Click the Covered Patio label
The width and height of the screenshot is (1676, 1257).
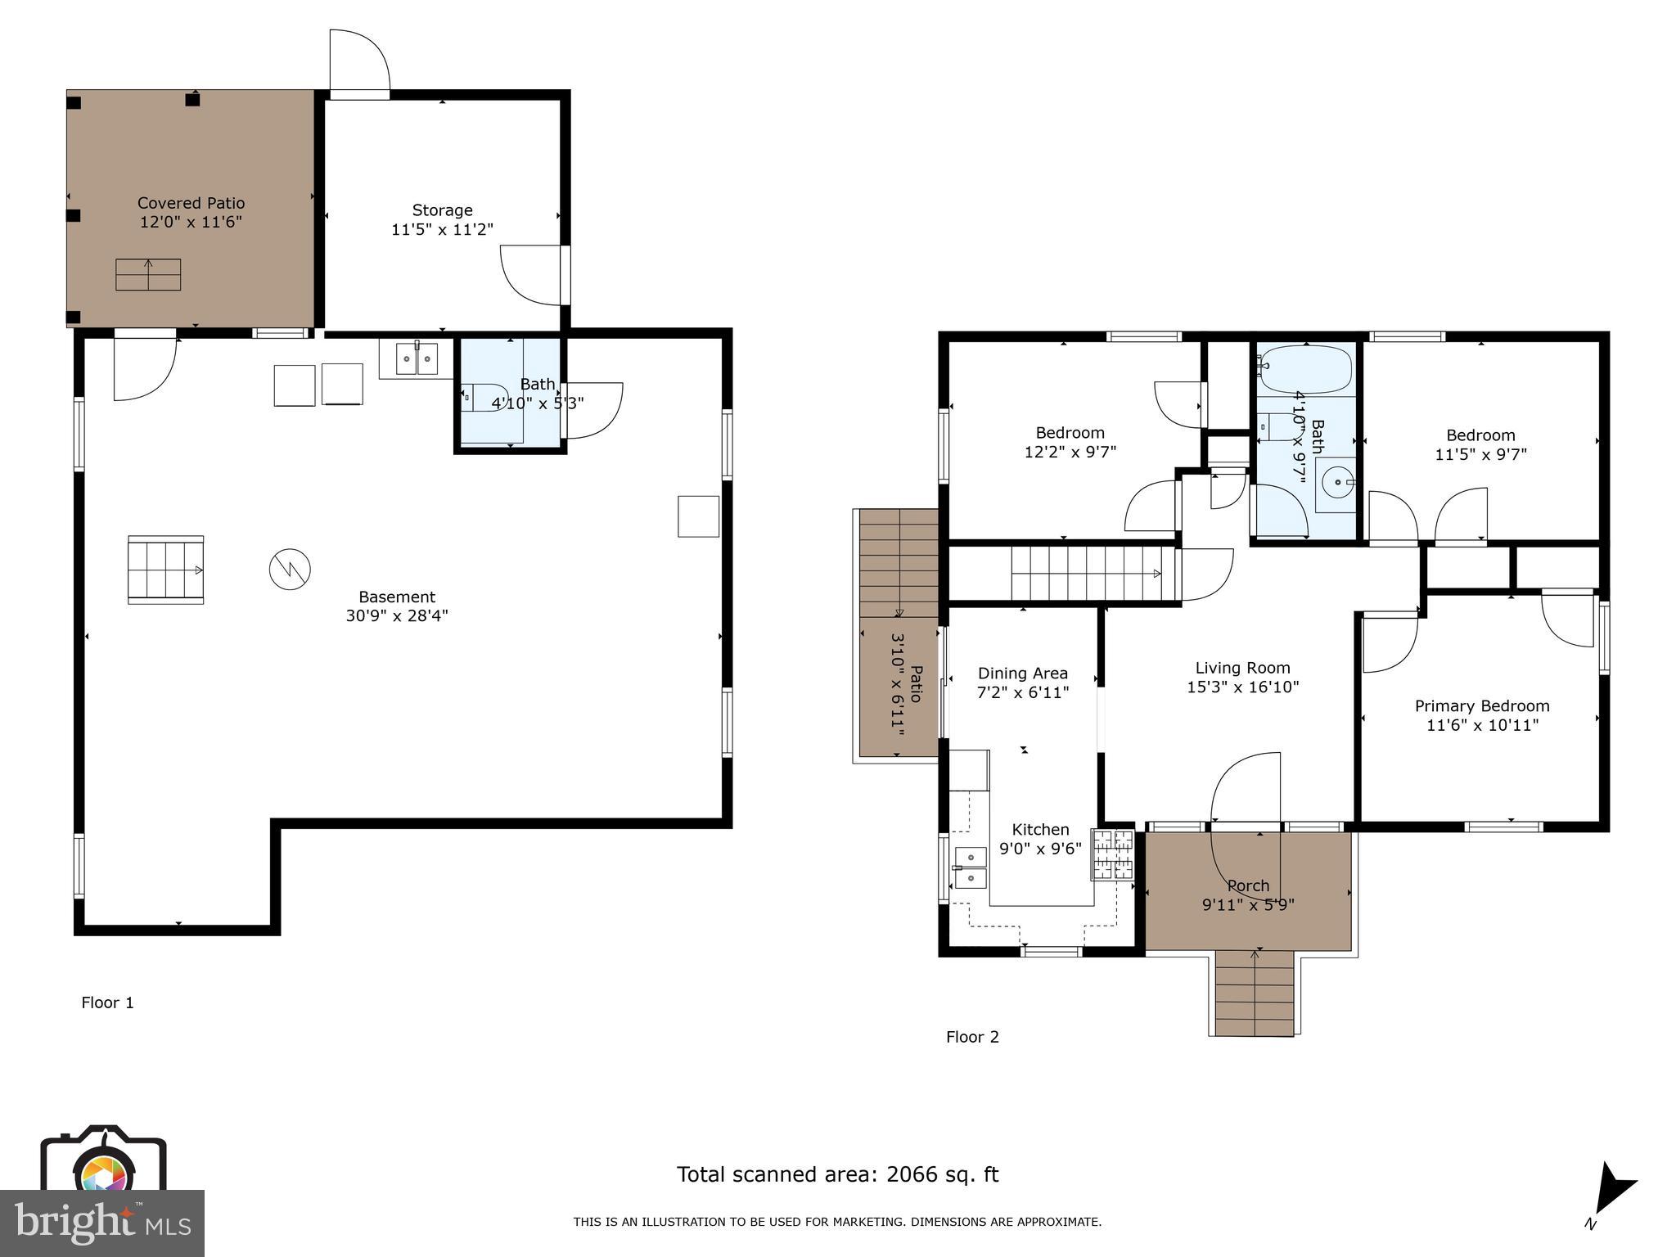point(191,203)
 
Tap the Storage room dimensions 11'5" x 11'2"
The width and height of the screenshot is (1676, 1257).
point(442,229)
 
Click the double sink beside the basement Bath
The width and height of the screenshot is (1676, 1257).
point(417,358)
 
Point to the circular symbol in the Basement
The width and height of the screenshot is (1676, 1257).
point(290,570)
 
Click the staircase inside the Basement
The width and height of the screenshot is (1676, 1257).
point(165,570)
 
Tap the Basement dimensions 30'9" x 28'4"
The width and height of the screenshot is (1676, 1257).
point(397,615)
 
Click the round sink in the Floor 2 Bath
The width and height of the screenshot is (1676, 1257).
point(1335,483)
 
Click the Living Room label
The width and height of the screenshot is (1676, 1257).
point(1242,668)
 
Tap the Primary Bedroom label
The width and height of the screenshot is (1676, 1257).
point(1482,705)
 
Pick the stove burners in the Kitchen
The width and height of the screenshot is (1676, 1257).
point(1113,855)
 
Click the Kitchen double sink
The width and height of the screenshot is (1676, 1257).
point(971,868)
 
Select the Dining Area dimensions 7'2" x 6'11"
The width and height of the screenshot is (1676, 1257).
point(1023,692)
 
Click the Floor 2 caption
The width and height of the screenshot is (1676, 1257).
point(972,1037)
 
